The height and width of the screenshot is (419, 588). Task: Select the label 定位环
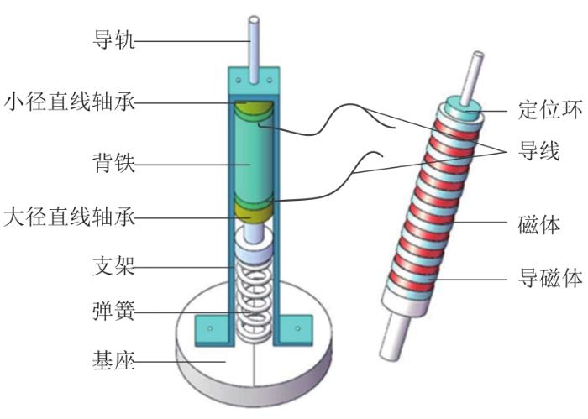coord(538,109)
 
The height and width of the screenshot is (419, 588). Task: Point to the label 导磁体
coord(545,277)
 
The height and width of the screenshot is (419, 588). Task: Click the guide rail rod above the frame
coord(254,38)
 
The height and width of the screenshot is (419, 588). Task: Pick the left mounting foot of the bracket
coord(211,327)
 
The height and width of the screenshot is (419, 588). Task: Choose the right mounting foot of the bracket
coord(296,327)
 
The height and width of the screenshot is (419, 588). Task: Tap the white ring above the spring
coord(255,249)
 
